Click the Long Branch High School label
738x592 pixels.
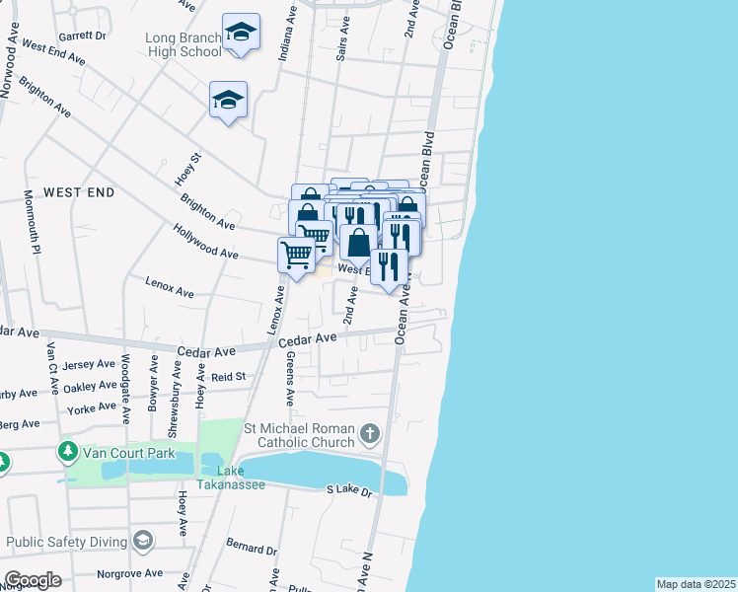(184, 44)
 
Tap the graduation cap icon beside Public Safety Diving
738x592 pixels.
(144, 540)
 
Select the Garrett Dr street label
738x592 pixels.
(82, 35)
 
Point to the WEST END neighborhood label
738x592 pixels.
(79, 191)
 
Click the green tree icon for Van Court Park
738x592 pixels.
(68, 453)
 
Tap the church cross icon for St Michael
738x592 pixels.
(369, 432)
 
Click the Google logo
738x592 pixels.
(33, 580)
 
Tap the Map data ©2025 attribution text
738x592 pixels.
(696, 584)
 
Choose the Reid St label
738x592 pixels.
(228, 376)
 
